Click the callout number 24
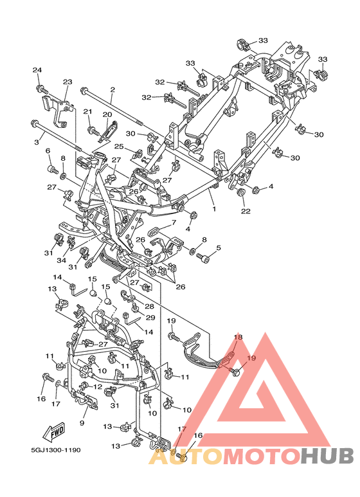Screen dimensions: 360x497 click(x=37, y=70)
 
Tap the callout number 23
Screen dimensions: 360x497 click(x=67, y=82)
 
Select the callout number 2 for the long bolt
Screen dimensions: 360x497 click(x=113, y=90)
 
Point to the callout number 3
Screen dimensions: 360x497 click(x=37, y=142)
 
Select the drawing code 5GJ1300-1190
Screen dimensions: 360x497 click(x=56, y=450)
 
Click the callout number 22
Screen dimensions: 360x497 click(x=246, y=211)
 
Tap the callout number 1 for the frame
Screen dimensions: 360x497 click(x=214, y=209)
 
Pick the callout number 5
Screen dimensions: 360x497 click(x=219, y=248)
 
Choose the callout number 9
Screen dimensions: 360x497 click(x=82, y=423)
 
